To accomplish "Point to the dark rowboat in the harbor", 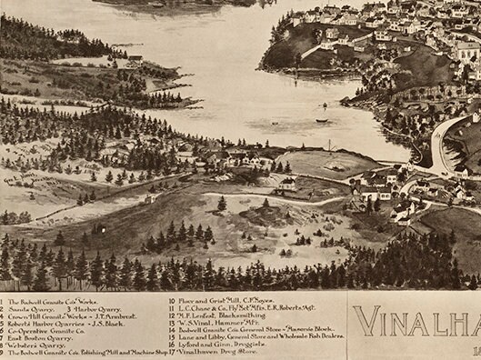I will [321, 120].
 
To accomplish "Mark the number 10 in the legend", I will [173, 299].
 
